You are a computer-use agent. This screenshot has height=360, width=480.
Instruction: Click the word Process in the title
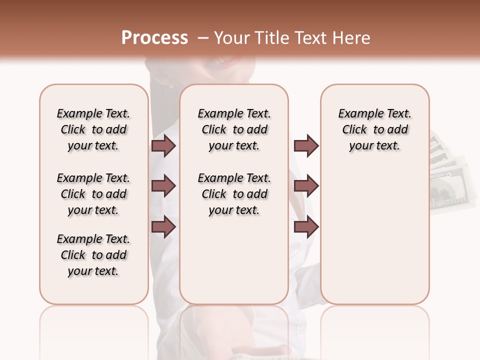154,38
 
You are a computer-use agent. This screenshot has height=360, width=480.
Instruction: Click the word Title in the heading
271,38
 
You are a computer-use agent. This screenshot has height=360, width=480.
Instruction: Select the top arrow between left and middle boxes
163,146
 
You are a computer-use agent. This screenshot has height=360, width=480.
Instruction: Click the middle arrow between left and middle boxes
163,186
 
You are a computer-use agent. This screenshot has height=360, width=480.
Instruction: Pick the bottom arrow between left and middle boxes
163,227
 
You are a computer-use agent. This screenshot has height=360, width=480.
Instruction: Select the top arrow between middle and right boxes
306,146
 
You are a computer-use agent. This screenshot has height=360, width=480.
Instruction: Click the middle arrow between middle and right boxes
306,186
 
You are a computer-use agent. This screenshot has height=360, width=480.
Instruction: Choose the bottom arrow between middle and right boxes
306,227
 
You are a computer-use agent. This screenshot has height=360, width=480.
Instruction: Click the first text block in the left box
93,130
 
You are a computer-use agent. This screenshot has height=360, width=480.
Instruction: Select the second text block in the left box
93,194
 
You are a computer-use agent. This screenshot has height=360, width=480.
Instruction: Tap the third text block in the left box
93,255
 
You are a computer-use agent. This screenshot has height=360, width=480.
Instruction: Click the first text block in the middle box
234,130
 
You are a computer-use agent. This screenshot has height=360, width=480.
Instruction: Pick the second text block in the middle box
234,194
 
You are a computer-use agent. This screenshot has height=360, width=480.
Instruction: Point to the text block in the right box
375,130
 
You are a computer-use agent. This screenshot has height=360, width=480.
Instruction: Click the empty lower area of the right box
375,240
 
